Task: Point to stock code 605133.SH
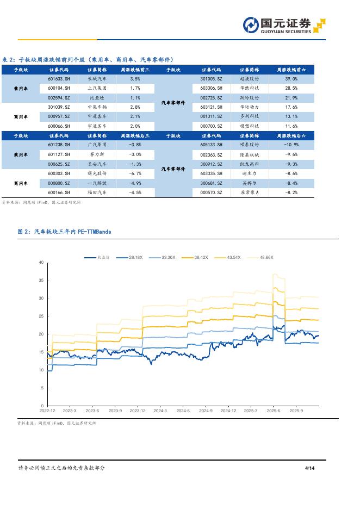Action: (x=212, y=145)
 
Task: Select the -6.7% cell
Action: (x=135, y=173)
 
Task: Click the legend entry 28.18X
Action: (x=135, y=257)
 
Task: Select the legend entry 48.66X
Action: (x=266, y=257)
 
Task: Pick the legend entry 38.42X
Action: (x=201, y=257)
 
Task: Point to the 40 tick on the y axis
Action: (x=41, y=263)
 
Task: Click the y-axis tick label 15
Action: (x=41, y=352)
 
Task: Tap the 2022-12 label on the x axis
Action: (x=47, y=411)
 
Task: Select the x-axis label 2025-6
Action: (x=273, y=411)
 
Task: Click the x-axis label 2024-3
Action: (x=160, y=411)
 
